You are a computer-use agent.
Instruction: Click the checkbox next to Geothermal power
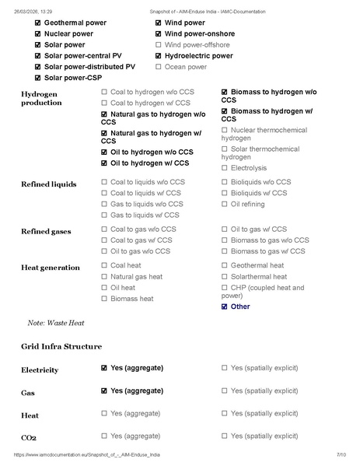click(37, 23)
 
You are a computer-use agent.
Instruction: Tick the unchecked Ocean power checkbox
click(159, 67)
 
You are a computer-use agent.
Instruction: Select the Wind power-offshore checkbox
click(159, 45)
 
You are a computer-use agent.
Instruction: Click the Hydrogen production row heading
click(40, 98)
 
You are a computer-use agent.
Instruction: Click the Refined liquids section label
click(48, 184)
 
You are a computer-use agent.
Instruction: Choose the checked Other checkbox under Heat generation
click(225, 307)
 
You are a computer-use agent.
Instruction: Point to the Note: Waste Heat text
click(55, 322)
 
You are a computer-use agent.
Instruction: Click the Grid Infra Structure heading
click(61, 346)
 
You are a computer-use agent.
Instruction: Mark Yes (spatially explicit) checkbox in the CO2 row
click(225, 436)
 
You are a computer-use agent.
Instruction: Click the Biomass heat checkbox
click(104, 298)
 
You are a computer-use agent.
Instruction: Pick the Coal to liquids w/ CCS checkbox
click(104, 193)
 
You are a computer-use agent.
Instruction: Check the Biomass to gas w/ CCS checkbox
click(225, 251)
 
